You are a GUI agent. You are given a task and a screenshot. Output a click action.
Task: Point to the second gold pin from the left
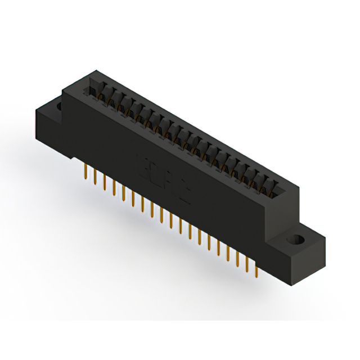pyautogui.click(x=94, y=177)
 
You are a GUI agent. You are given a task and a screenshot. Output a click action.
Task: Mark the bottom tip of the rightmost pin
pyautogui.click(x=256, y=277)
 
